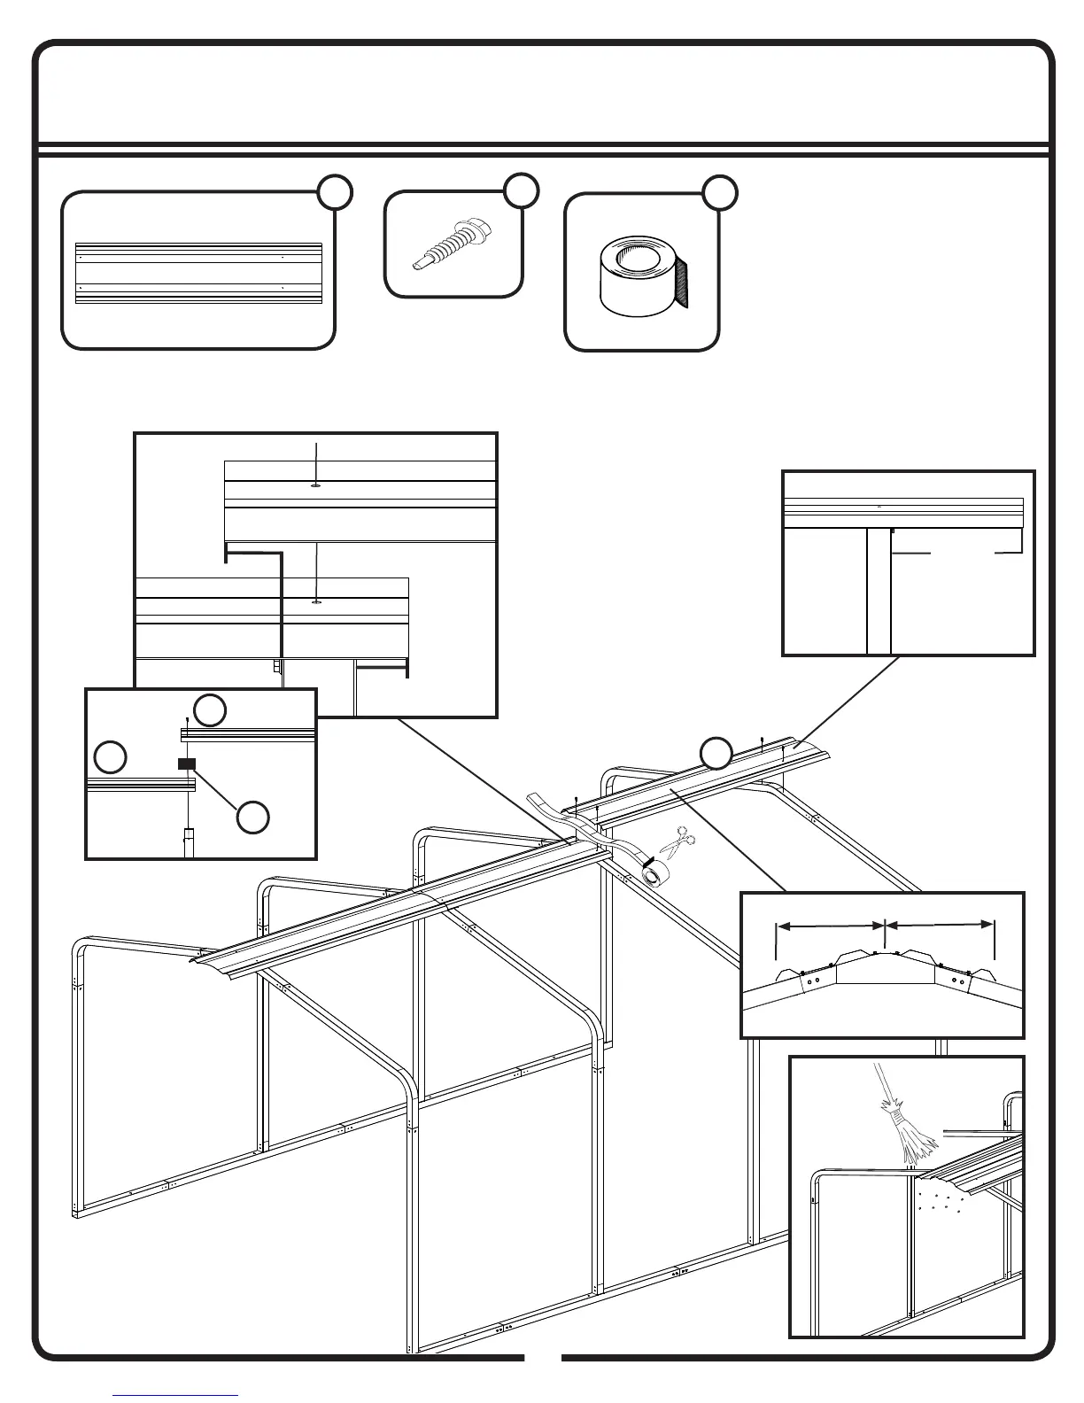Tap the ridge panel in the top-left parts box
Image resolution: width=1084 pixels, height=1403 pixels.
[x=198, y=274]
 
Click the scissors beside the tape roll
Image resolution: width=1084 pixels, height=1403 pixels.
[x=677, y=842]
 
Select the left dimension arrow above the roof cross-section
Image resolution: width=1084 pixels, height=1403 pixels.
[x=831, y=926]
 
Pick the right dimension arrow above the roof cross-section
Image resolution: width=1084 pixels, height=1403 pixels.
[x=940, y=925]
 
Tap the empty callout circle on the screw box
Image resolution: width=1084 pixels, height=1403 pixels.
[x=522, y=190]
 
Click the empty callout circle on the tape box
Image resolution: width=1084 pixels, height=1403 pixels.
[x=721, y=192]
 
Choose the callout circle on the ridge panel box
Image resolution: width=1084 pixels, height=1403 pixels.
[x=336, y=192]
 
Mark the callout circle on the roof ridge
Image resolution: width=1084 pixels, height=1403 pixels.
[x=716, y=752]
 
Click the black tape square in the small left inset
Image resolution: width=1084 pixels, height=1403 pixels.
[x=186, y=764]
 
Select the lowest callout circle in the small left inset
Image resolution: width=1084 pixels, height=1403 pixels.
[x=253, y=818]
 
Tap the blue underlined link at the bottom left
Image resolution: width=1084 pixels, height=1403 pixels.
[x=176, y=1395]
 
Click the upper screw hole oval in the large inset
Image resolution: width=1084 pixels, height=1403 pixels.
[x=316, y=485]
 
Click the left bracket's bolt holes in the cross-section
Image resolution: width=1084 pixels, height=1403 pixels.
[x=812, y=981]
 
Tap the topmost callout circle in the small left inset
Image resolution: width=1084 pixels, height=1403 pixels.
[x=210, y=709]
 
